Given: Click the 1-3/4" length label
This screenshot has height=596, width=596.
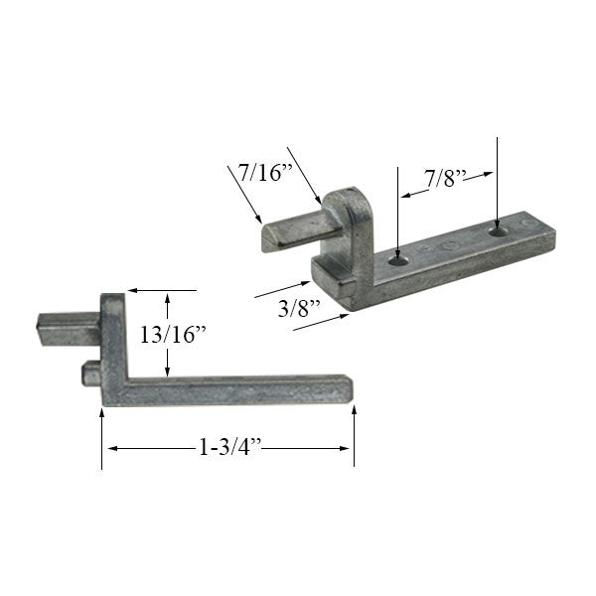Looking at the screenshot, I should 228,448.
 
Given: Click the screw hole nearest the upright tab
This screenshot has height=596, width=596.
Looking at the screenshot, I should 397,257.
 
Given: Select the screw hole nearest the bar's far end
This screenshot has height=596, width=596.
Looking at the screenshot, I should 498,230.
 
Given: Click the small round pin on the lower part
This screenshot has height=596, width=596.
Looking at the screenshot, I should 89,372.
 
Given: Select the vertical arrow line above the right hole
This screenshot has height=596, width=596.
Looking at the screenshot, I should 498,179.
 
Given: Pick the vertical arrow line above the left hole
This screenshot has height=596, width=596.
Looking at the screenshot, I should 397,209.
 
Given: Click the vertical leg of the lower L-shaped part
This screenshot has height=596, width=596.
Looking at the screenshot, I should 113,348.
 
